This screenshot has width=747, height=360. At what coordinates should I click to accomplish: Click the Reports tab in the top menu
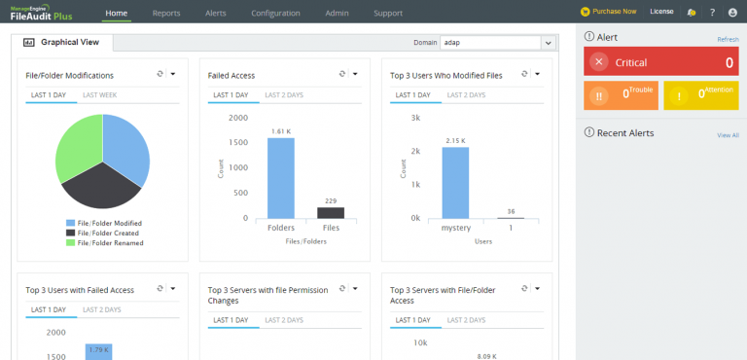click(167, 14)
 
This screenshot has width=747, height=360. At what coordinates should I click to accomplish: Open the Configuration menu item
click(275, 14)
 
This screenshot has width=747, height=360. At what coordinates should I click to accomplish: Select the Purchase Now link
click(608, 12)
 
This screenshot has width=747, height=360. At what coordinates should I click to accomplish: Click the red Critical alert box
click(660, 62)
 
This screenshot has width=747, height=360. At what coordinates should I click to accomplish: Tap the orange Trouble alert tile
click(621, 95)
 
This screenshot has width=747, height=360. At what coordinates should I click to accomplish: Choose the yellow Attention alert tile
click(700, 95)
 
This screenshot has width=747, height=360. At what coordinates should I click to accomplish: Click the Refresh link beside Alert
click(728, 40)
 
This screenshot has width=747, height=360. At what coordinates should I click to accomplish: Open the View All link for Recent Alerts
click(728, 135)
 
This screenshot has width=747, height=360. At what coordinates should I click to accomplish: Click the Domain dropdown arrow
click(548, 43)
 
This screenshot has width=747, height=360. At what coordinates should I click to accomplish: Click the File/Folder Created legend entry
click(103, 234)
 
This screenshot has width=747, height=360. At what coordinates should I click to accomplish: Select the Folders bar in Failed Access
click(280, 178)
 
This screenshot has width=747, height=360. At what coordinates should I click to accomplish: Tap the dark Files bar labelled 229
click(331, 213)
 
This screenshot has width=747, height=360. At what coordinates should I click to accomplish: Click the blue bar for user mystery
click(455, 183)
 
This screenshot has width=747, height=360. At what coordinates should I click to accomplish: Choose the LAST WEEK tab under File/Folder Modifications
click(99, 95)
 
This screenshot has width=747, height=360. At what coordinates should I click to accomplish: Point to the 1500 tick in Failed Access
click(238, 143)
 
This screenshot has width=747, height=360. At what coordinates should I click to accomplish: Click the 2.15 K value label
click(455, 141)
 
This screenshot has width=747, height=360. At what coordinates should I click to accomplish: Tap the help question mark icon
click(712, 13)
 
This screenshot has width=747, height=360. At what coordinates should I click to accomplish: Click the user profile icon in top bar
click(732, 13)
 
